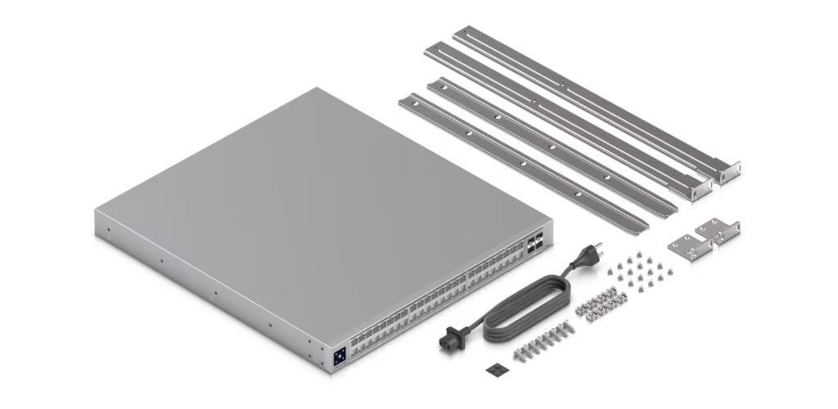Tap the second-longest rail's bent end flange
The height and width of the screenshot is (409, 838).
[x=701, y=186]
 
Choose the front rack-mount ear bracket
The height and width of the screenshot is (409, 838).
[x=686, y=246]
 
